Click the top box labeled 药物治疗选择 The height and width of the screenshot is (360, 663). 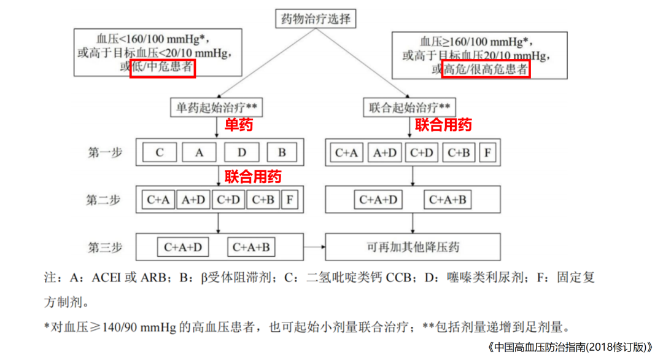coord(315,18)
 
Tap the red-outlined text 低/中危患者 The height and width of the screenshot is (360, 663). coord(163,67)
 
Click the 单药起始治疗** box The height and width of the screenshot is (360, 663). coord(217,108)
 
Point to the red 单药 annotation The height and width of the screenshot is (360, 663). coord(238,125)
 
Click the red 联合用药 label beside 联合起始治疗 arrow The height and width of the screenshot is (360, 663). coord(443,125)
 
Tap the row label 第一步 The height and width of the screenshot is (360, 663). coord(104,153)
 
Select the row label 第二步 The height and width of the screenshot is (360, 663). coord(104,200)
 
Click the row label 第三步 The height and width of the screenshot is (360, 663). coord(104,248)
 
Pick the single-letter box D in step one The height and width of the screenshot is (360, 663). coord(242,153)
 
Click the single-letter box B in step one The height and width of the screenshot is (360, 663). coord(282,153)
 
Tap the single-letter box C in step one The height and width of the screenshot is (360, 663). coord(160,153)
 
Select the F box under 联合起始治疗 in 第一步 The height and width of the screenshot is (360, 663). coord(487,153)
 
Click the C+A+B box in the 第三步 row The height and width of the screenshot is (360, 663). coord(251,248)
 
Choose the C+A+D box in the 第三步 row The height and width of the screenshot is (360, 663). coord(182,248)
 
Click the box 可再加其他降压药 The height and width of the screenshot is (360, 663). coord(413,248)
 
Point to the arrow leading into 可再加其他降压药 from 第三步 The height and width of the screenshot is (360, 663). coord(313,248)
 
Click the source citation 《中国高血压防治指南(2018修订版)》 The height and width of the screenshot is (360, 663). coord(571,347)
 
